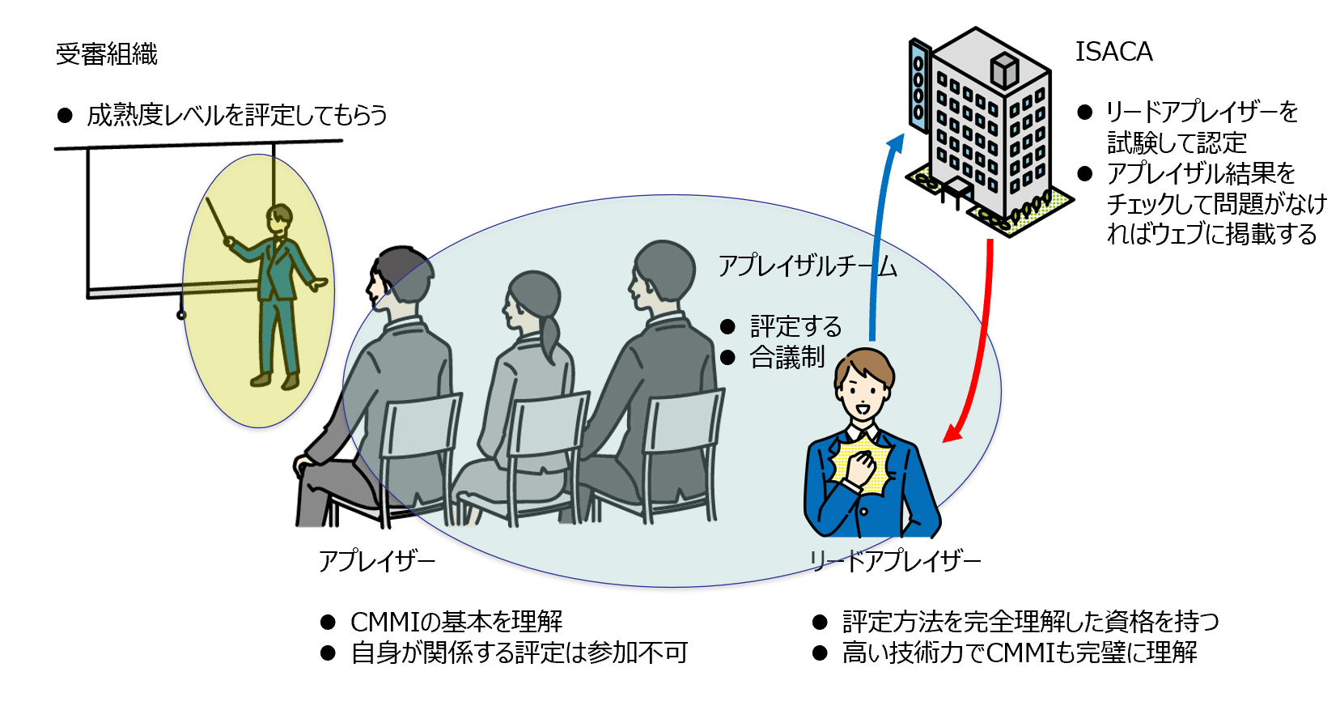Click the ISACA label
click(1113, 52)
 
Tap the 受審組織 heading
click(107, 54)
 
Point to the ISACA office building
click(983, 130)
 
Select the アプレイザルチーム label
click(808, 266)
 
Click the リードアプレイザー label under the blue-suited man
click(895, 560)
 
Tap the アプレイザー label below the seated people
click(377, 560)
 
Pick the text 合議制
click(787, 357)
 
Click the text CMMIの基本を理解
click(456, 622)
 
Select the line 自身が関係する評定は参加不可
click(519, 653)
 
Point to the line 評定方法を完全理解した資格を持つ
click(1030, 622)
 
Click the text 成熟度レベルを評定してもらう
click(236, 116)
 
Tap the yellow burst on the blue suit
click(863, 466)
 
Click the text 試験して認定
click(1177, 143)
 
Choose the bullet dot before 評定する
click(727, 327)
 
